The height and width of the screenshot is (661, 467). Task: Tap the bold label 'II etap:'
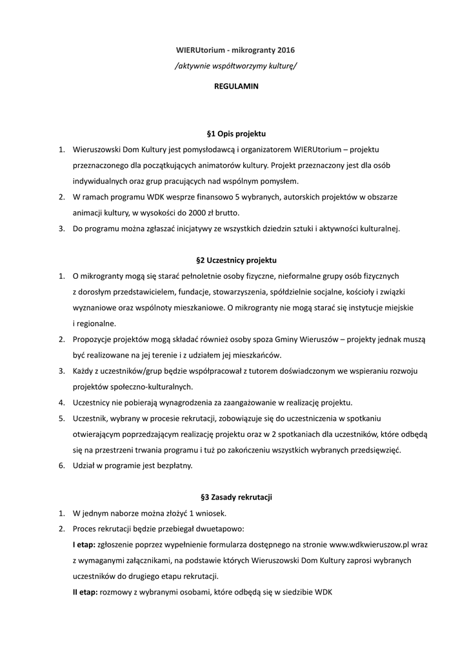pyautogui.click(x=86, y=592)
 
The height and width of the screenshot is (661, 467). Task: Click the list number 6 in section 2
pyautogui.click(x=61, y=465)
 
